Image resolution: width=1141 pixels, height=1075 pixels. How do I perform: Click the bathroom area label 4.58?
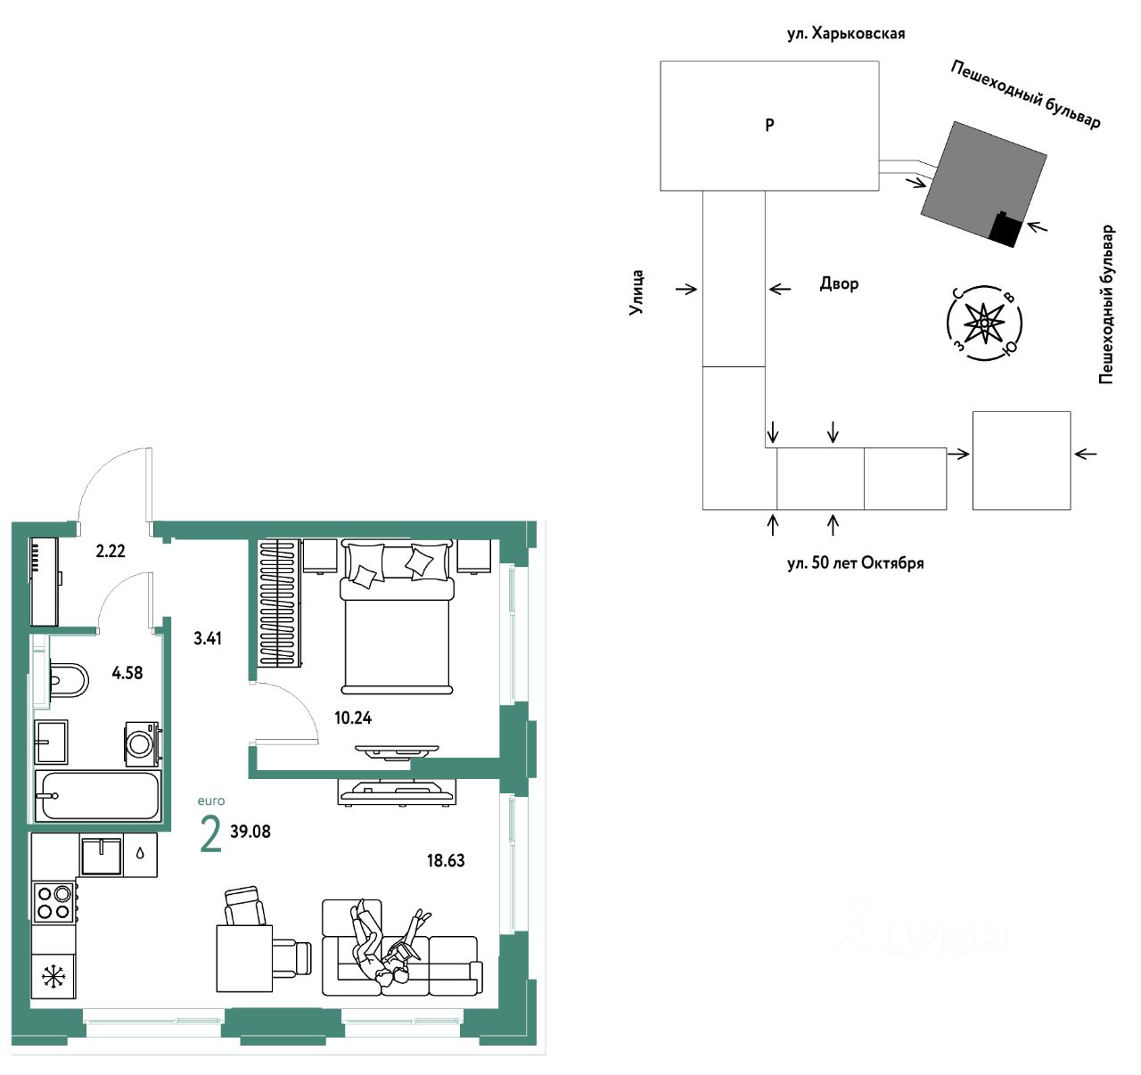coord(127,673)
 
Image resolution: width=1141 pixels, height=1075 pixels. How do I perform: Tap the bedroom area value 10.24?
coord(353,718)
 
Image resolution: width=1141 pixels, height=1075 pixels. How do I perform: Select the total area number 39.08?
coord(250,832)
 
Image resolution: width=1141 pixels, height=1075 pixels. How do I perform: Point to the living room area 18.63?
coord(445,860)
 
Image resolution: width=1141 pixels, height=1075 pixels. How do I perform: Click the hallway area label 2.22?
coord(110,551)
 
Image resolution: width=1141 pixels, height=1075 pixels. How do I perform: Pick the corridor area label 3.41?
coord(208,637)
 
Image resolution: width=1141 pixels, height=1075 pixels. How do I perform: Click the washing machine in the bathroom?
coord(142,744)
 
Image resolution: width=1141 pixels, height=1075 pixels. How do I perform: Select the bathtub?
coord(98,796)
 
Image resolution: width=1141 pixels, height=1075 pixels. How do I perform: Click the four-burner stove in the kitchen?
coord(53,903)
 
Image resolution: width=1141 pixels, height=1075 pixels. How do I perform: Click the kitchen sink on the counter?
coord(101,856)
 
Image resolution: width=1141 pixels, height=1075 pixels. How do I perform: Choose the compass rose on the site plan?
coord(985,324)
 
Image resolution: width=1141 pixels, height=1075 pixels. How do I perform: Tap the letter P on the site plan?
coord(769,124)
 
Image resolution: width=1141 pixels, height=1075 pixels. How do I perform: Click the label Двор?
coord(839,283)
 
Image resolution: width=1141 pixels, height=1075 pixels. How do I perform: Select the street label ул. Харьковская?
coord(846,34)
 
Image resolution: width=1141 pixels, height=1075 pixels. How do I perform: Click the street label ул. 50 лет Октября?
coord(855,563)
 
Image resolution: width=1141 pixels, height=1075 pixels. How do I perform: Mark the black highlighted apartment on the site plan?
coord(1006,230)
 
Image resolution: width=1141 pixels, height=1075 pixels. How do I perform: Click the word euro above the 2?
coord(211,801)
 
